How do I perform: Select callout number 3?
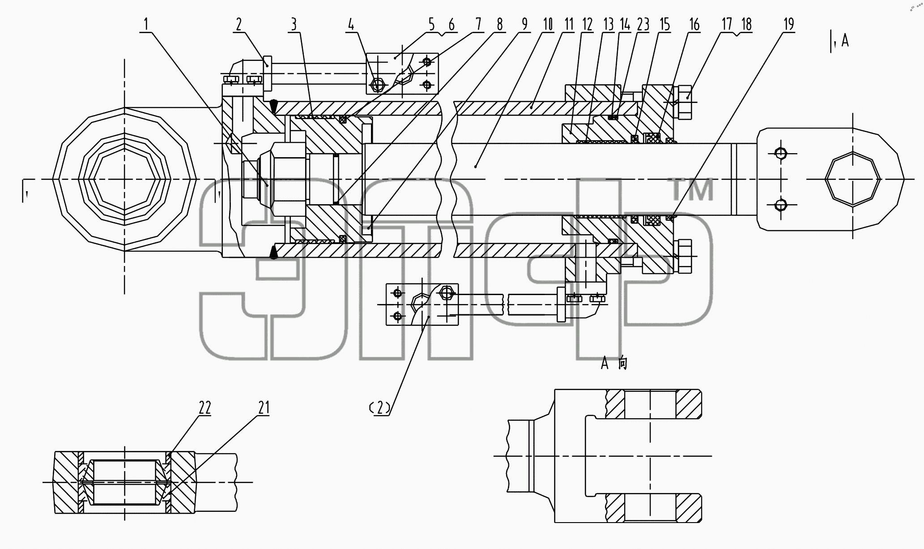tap(294, 25)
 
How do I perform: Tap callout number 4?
tap(351, 25)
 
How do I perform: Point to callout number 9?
tap(524, 25)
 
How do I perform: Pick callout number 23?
tap(643, 25)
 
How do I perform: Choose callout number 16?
tap(694, 25)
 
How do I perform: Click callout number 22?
tap(205, 408)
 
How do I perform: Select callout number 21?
tap(264, 408)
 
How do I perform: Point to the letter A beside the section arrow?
tap(845, 41)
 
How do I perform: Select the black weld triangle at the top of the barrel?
tap(273, 106)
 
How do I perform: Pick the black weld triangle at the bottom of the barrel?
tap(273, 253)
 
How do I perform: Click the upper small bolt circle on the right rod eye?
tap(781, 153)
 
